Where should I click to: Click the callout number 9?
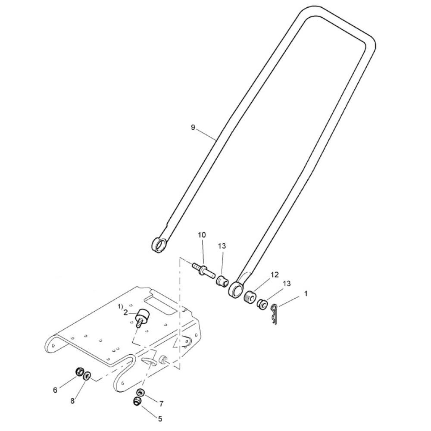tap(193, 127)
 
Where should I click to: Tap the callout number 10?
tap(202, 235)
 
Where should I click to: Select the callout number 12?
tap(275, 275)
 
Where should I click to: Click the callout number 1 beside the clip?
tap(306, 294)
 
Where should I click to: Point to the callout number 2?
tap(125, 312)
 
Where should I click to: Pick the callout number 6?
tap(55, 390)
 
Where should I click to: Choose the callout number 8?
tap(72, 401)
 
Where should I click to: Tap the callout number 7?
tap(161, 403)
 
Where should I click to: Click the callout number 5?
tap(160, 419)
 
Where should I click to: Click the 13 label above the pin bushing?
tap(222, 246)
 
